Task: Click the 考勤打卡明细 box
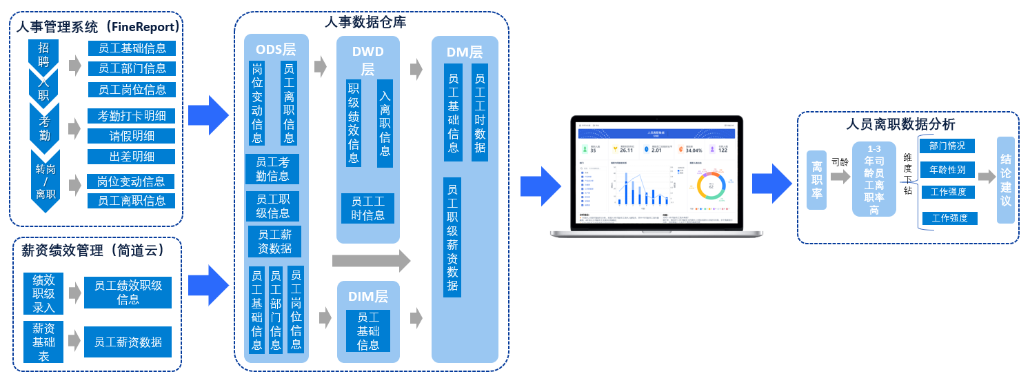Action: point(132,116)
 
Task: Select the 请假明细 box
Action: point(132,136)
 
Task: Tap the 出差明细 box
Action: point(132,157)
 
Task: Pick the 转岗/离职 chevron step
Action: point(45,181)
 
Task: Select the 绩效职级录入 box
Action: point(43,293)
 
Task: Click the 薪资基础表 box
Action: point(43,342)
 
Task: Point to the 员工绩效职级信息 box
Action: point(128,293)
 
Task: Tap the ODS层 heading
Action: point(276,50)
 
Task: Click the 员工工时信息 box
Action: point(367,208)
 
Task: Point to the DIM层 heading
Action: point(367,297)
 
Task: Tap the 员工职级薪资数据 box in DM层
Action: point(452,237)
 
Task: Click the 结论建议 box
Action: point(1006,180)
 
